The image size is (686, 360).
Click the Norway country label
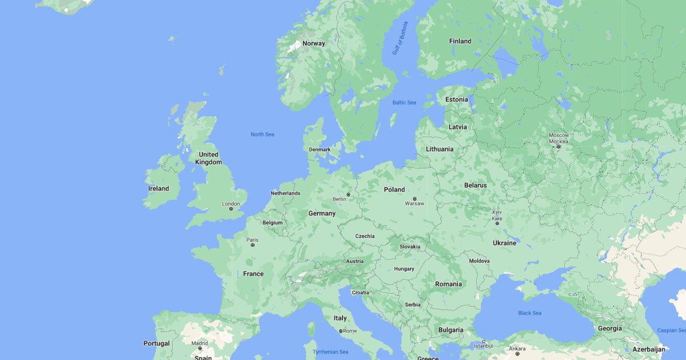point(313,43)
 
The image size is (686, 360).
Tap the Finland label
point(460,41)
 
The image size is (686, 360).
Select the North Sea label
point(262,134)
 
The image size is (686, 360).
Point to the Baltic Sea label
point(404,102)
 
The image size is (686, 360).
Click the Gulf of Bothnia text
point(400,38)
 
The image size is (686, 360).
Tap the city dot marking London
point(231,209)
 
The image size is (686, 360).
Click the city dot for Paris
point(253,245)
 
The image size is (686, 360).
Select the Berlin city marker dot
point(348,194)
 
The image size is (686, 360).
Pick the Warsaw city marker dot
point(414,198)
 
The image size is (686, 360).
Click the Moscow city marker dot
point(559,146)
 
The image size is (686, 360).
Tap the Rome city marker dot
point(341,331)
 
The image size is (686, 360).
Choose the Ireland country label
point(158,189)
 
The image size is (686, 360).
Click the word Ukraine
point(504,243)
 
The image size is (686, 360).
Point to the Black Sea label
point(529,313)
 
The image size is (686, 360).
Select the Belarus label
point(475,185)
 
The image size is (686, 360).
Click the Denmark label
point(320,150)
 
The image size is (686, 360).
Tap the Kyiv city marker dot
point(497,223)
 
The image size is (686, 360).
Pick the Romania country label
point(448,284)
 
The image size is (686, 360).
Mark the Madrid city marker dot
point(200,348)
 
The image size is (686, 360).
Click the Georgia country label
point(610,329)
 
